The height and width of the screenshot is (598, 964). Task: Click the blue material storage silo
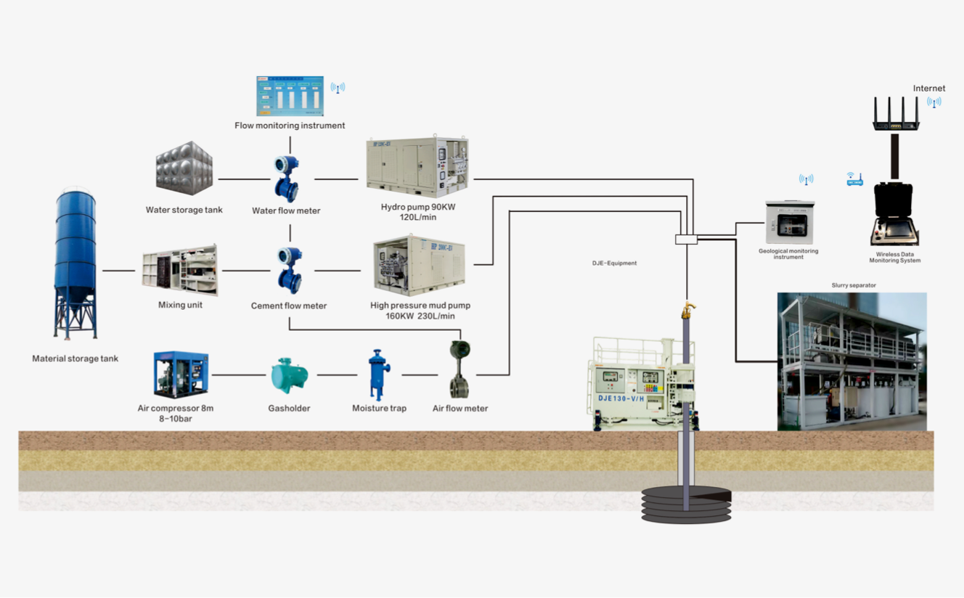coord(75,261)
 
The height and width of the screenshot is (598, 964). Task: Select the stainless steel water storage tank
coord(184,168)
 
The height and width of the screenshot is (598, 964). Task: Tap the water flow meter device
coord(287,178)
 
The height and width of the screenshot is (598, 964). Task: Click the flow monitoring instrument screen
coord(290,96)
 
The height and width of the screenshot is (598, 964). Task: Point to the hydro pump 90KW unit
coord(417,166)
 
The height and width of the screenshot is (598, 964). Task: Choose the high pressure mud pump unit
coord(419,265)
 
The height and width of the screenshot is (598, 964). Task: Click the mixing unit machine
coord(180,270)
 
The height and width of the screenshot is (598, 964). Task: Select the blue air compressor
coord(181,374)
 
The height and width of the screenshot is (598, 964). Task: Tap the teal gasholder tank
coord(289,376)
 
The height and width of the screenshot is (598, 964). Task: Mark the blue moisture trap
coord(378,374)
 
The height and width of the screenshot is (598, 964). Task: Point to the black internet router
coord(896,115)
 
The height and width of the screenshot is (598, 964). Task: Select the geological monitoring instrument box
coord(789,223)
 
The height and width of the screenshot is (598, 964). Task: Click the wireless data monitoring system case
coord(895,216)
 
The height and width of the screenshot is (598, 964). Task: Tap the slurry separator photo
coord(851,361)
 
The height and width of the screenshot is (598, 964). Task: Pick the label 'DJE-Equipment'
coord(614,263)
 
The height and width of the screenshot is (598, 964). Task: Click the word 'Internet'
coord(929,89)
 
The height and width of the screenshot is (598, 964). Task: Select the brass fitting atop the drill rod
coord(687,311)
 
